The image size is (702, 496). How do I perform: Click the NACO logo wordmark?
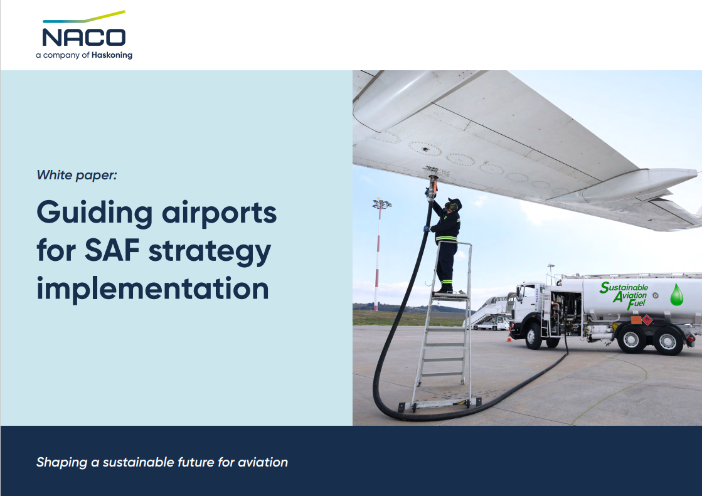click(83, 36)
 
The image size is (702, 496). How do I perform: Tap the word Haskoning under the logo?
click(112, 55)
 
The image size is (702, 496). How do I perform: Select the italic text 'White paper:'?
click(77, 175)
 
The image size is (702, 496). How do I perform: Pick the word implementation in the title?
click(152, 288)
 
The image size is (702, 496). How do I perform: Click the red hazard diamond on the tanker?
click(647, 320)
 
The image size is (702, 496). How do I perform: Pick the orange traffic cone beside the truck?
click(509, 337)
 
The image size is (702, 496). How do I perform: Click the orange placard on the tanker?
click(636, 320)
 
